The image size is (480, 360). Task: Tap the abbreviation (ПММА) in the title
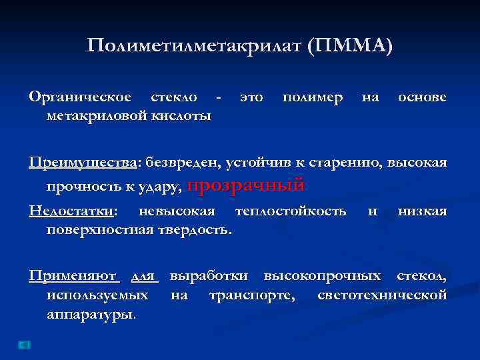[351, 46]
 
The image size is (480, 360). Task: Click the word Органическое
[80, 98]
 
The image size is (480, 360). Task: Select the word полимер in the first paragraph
[312, 98]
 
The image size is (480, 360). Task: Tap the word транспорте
[252, 295]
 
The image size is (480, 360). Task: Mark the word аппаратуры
[91, 314]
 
